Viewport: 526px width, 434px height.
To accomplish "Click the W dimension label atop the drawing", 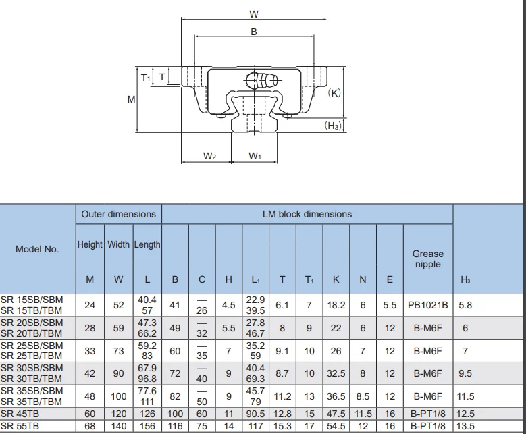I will pos(253,14).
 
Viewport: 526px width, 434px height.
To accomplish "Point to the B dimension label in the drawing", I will pos(254,32).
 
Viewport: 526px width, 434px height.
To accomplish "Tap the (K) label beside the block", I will pos(334,93).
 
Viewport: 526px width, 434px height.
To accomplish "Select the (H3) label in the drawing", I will pos(334,126).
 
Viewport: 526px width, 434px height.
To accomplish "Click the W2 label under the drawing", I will pos(209,156).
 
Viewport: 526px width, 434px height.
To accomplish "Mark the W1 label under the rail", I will pos(255,156).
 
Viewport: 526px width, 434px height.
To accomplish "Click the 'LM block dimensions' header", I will pos(307,214).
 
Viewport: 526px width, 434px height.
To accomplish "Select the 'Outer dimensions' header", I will pos(118,214).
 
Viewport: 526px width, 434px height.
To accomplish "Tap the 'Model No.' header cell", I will pos(37,249).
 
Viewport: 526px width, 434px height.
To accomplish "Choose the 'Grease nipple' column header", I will pos(427,259).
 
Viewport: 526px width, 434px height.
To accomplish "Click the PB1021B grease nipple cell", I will pos(427,305).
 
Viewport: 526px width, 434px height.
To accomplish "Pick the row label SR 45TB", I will pos(20,414).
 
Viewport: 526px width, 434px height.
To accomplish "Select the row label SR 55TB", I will pos(20,426).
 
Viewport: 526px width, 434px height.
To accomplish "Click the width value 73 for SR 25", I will pos(118,351).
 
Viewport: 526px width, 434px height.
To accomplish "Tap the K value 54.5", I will pos(336,426).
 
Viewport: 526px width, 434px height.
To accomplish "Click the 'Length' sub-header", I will pos(147,245).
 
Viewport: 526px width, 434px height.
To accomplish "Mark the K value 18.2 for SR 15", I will pos(336,305).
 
